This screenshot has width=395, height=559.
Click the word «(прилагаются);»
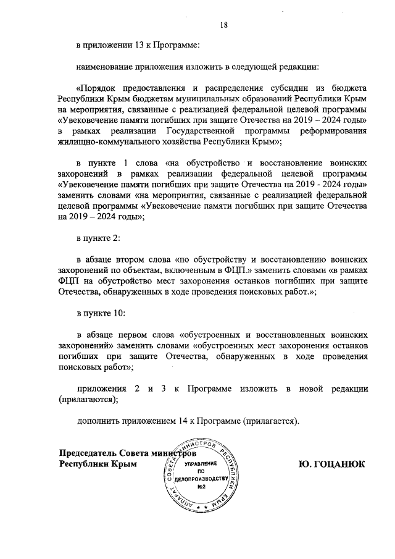(x=88, y=399)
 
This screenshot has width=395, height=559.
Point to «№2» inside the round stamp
(x=201, y=487)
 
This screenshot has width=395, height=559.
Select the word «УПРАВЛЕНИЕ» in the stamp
(x=201, y=463)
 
